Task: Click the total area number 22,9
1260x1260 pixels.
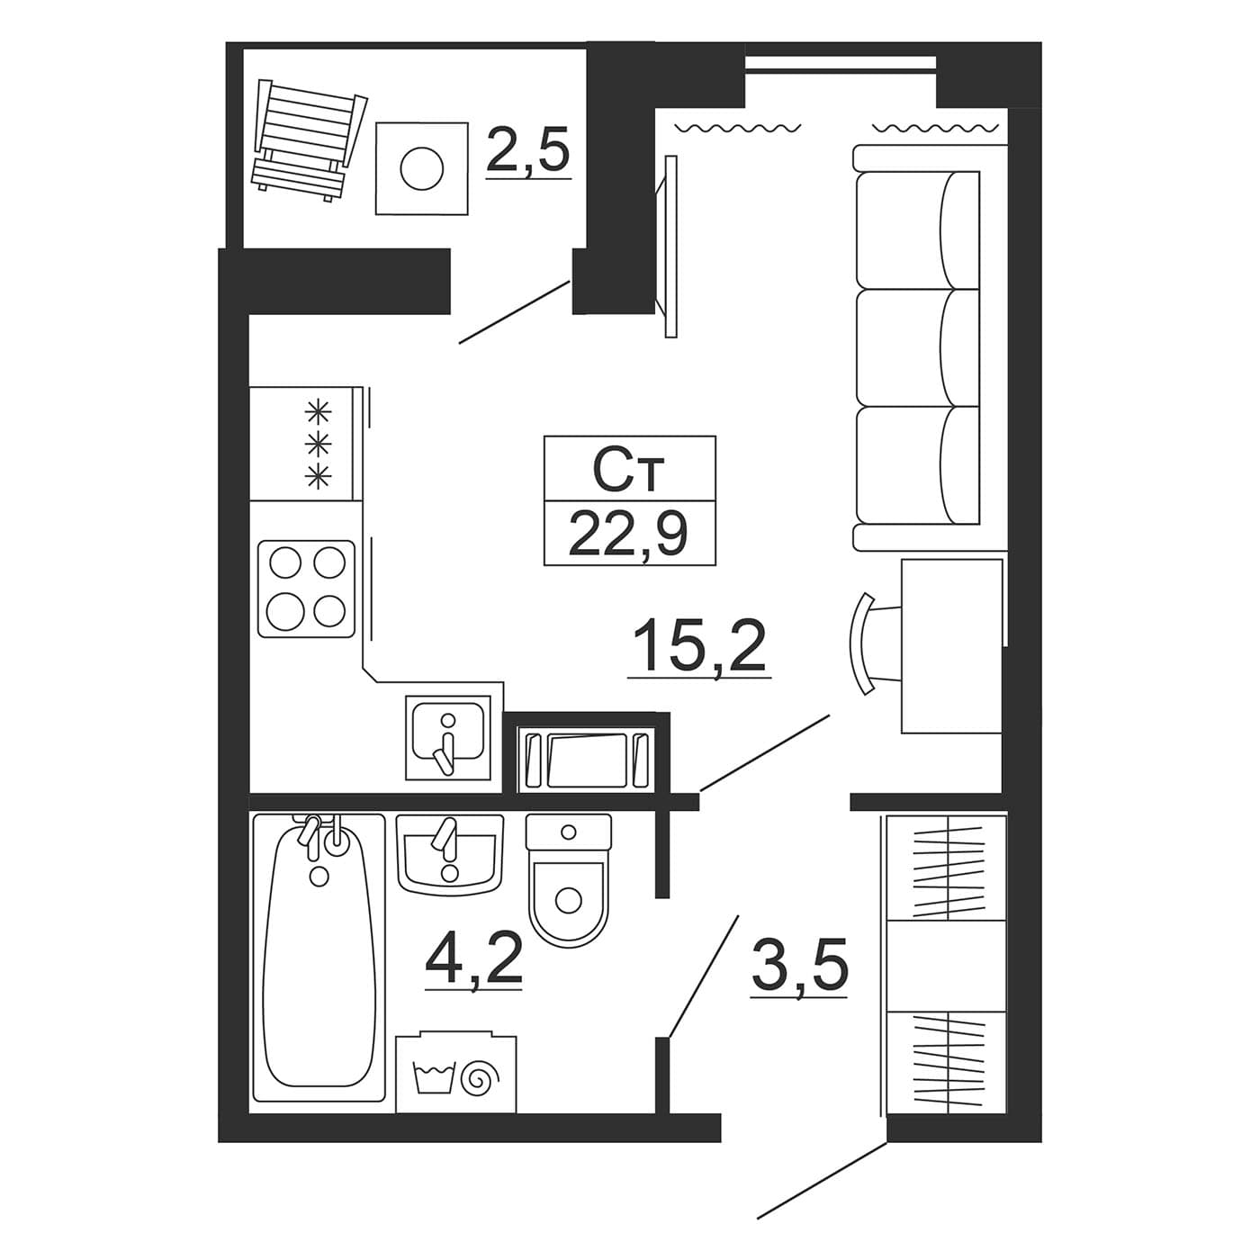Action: pos(628,532)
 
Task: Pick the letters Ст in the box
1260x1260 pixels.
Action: pos(628,471)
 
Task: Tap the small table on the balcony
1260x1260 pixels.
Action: pos(422,168)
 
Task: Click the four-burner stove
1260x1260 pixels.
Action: pos(306,589)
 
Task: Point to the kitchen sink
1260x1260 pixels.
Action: pos(448,738)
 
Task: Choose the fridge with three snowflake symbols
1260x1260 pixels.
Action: pos(305,444)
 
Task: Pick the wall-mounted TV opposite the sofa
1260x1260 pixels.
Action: pos(668,247)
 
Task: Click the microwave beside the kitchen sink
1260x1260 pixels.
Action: pos(587,759)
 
